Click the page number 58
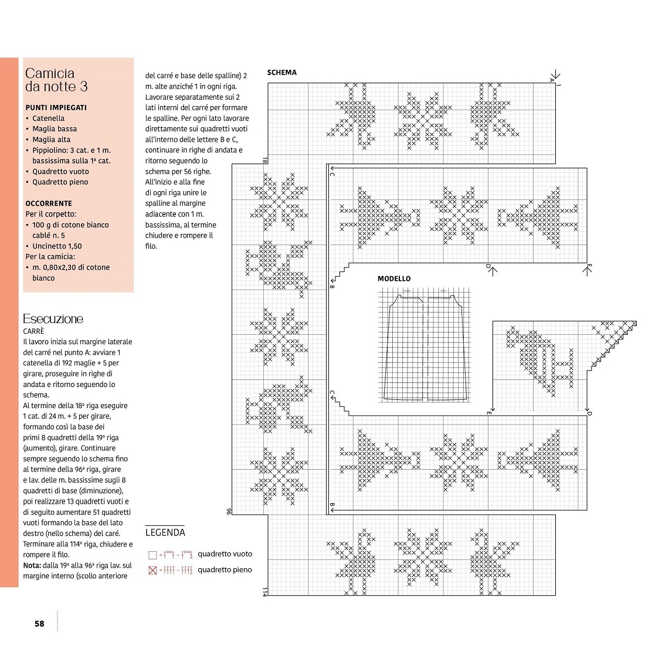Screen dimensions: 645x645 click(x=39, y=624)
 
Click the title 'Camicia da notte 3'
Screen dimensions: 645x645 click(x=56, y=80)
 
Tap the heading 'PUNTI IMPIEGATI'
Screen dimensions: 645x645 click(x=56, y=108)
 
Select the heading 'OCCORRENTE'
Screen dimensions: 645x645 click(x=49, y=203)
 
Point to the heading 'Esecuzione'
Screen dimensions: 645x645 click(x=53, y=319)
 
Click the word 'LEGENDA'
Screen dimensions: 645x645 click(x=165, y=532)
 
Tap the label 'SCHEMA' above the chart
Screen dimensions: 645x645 click(x=281, y=73)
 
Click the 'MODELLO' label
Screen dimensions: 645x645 click(x=394, y=279)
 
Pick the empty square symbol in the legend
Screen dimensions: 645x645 click(x=152, y=555)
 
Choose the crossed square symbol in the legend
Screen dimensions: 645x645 click(x=152, y=571)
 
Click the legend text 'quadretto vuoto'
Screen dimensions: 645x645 click(x=225, y=554)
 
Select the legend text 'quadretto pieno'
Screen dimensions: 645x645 click(x=225, y=570)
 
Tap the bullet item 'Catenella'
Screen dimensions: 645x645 click(x=48, y=118)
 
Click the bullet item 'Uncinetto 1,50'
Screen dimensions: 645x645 click(x=57, y=246)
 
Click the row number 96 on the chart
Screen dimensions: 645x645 click(x=229, y=511)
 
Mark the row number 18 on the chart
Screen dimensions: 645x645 click(x=264, y=160)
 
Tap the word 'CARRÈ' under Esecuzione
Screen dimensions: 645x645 click(x=33, y=331)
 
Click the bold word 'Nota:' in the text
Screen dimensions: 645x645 click(x=32, y=566)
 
